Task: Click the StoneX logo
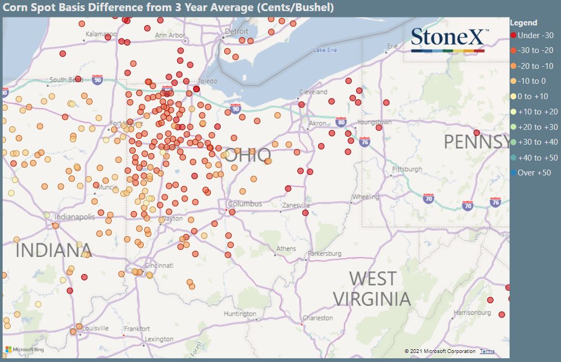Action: (448, 39)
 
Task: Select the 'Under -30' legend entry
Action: (532, 36)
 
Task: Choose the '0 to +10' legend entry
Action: (532, 96)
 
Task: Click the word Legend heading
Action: (523, 23)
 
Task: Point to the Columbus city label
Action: (245, 204)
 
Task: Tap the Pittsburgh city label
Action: (407, 170)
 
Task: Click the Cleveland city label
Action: (313, 92)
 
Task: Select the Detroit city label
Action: (236, 32)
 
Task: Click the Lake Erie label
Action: (325, 50)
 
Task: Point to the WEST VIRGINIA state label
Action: (372, 288)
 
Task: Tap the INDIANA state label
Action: (54, 250)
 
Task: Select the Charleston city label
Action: (318, 318)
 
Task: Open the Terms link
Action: (487, 351)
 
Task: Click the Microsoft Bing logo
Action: (24, 350)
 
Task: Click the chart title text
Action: (169, 7)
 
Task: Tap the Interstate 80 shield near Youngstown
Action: (340, 122)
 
